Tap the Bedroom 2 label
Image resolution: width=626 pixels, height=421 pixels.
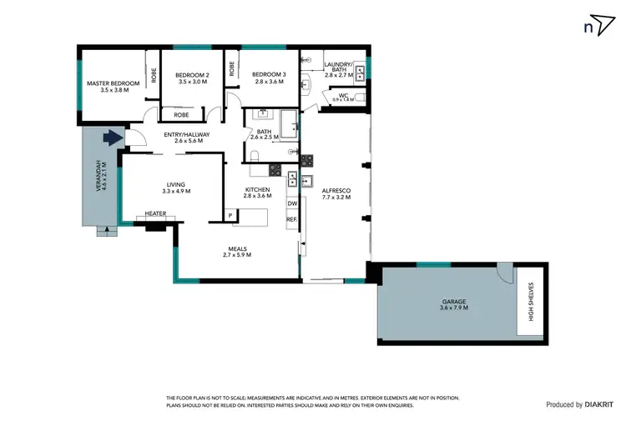[192, 78]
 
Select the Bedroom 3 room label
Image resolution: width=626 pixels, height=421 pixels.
[269, 78]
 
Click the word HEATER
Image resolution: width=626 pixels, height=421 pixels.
[156, 213]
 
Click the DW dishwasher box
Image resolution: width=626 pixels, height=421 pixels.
[292, 203]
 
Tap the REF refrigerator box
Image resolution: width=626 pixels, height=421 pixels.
[292, 219]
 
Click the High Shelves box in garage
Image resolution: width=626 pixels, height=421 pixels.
[531, 302]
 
